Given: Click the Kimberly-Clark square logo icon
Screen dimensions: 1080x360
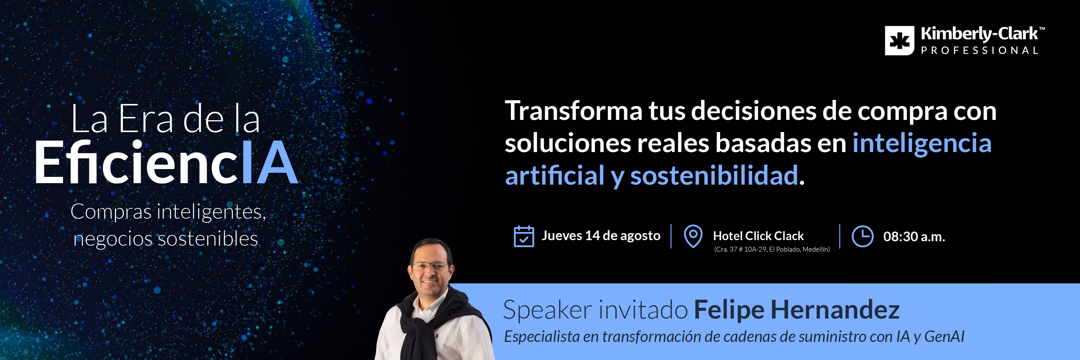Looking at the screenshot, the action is coord(899,41).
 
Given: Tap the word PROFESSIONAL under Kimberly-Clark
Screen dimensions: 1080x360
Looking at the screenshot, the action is coord(979,51).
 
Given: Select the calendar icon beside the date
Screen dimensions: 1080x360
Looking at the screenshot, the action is coord(524,236).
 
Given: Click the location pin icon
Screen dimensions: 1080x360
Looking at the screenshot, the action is coord(693,236).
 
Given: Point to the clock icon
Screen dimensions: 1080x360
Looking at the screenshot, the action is coord(862,236).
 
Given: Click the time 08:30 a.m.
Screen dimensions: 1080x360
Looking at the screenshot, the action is coord(914,237).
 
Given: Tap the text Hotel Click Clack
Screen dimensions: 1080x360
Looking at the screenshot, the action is coord(758,236).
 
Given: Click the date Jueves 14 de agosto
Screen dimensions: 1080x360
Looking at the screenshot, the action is coord(601,236).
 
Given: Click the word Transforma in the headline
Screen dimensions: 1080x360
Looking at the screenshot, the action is coord(574,111).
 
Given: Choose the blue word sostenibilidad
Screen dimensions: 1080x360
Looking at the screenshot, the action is coord(714,175).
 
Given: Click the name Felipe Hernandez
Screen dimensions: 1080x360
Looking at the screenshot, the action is coord(797,310).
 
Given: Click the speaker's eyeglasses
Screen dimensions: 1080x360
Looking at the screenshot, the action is coord(431,266).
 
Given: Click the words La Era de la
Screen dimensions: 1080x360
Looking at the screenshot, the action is coord(165,119).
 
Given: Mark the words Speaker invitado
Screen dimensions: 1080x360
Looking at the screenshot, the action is coord(595,310).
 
